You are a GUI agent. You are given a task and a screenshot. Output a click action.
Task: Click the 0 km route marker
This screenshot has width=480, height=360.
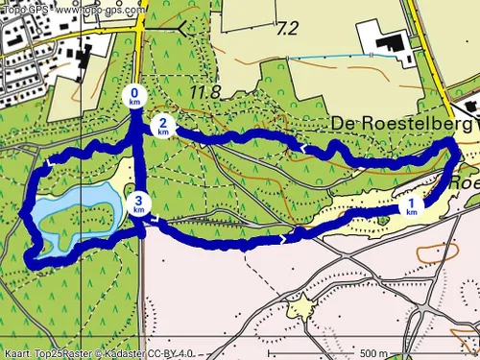[134, 96]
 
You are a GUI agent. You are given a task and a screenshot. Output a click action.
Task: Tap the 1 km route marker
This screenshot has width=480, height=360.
[412, 206]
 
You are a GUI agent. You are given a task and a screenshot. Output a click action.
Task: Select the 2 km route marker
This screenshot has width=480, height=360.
[164, 125]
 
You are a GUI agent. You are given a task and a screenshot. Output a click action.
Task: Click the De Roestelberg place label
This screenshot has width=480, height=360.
[403, 124]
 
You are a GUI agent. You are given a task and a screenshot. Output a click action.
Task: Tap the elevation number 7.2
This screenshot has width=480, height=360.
[286, 28]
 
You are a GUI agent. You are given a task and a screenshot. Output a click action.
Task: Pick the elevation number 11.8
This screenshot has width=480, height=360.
[204, 92]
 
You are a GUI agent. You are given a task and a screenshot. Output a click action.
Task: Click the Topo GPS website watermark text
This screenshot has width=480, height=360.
[72, 8]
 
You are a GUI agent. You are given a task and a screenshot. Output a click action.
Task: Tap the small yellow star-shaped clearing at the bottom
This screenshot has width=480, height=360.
[302, 307]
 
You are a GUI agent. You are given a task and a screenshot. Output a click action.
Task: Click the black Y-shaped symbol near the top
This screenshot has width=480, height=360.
[182, 30]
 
